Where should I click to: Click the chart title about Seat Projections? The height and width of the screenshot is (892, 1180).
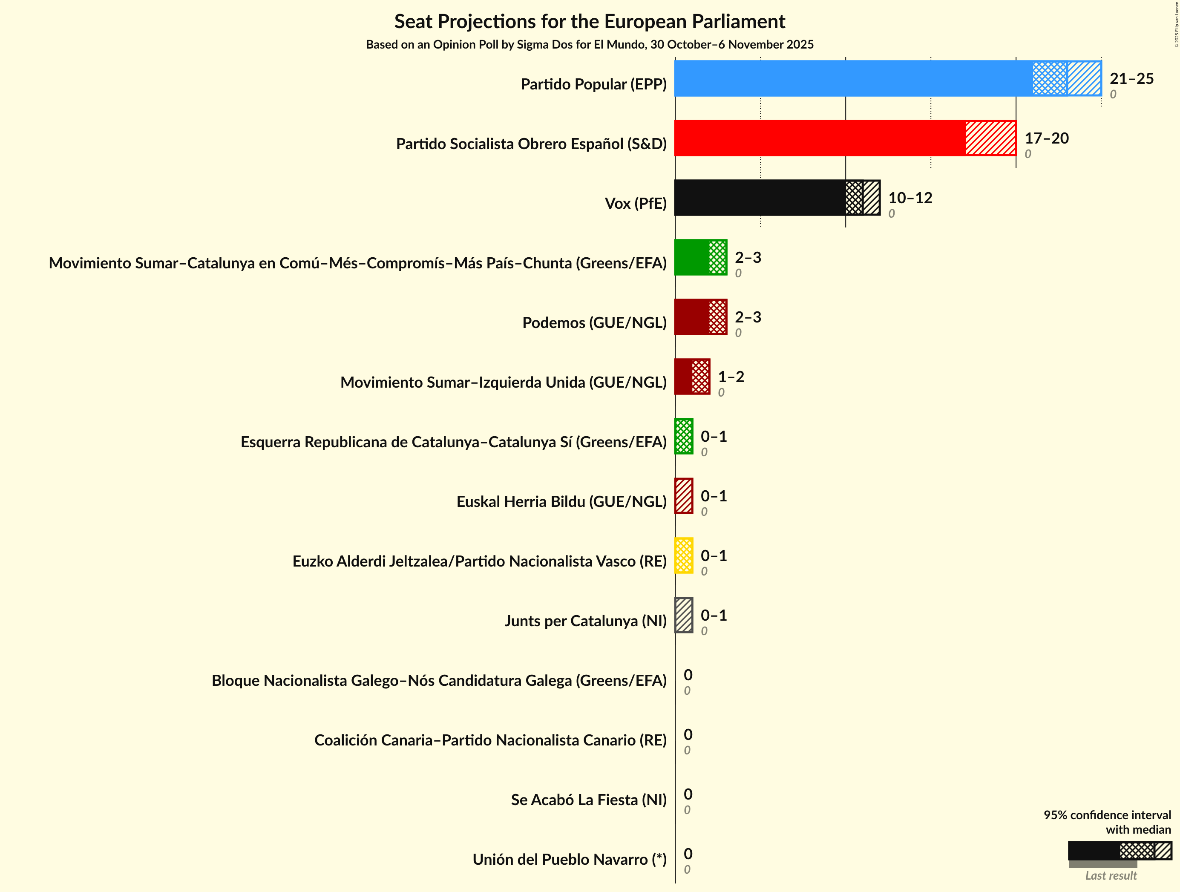tap(590, 21)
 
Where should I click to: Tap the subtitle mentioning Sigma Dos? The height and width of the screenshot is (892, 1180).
tap(590, 44)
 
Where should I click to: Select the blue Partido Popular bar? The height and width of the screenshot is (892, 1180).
tap(854, 78)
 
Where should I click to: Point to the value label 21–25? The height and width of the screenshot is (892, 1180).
tap(1131, 78)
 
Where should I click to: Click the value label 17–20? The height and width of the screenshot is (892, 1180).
tap(1047, 138)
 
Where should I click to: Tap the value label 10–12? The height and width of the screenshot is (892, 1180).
tap(910, 198)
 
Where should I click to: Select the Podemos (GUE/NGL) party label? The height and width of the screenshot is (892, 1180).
tap(594, 323)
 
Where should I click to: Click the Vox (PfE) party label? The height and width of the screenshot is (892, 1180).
tap(635, 203)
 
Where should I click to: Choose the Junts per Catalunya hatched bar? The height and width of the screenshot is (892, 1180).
tap(684, 615)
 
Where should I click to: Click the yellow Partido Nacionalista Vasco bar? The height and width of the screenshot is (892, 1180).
tap(684, 555)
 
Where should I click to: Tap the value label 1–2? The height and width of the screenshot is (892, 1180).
tap(731, 377)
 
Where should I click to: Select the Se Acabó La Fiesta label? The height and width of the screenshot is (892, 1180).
tap(588, 800)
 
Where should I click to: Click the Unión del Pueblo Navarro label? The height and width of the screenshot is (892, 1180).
tap(569, 860)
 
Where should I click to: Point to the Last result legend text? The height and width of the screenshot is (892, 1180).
tap(1111, 875)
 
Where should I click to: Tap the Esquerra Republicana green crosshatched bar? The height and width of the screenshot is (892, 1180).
tap(684, 436)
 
